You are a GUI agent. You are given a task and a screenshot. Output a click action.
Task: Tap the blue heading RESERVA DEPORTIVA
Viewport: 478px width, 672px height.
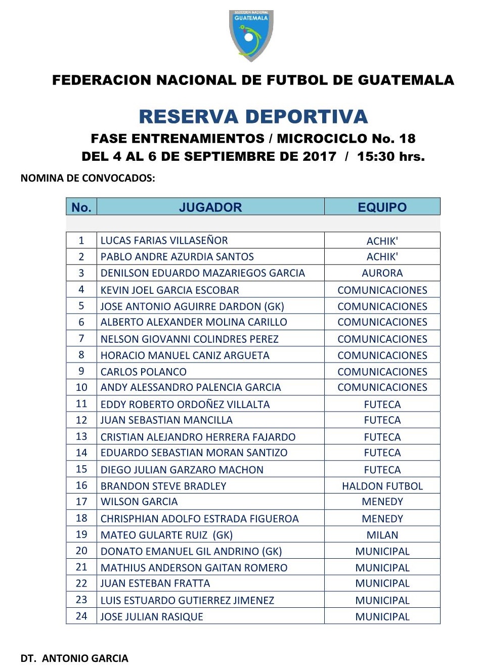tap(253, 117)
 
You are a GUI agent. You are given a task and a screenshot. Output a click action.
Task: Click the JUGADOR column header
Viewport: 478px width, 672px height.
tap(210, 207)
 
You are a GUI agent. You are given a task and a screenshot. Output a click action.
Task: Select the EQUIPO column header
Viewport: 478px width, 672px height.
tap(382, 207)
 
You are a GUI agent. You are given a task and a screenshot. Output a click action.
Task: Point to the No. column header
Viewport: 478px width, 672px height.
tap(81, 207)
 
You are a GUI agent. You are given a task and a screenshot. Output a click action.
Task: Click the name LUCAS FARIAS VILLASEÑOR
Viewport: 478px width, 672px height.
tap(164, 241)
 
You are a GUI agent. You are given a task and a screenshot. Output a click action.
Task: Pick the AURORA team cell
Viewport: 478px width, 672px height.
tap(382, 273)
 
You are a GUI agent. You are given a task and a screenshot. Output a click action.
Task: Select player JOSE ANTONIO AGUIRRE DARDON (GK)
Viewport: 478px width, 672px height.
tap(192, 306)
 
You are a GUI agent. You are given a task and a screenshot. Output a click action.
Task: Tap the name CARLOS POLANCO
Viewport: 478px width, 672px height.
tap(143, 372)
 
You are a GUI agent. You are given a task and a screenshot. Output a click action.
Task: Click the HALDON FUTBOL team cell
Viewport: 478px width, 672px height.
tap(382, 486)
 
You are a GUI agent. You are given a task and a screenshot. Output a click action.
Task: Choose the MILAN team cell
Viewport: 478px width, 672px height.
tap(382, 535)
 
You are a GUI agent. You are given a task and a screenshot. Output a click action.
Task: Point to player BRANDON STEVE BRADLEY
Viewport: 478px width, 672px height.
tap(163, 486)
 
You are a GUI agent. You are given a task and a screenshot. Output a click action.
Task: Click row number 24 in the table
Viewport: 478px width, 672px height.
tap(81, 616)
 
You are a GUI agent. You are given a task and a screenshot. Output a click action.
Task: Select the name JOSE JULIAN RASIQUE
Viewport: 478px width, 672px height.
tap(152, 617)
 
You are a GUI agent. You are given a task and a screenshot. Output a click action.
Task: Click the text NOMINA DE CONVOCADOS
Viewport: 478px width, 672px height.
tap(88, 178)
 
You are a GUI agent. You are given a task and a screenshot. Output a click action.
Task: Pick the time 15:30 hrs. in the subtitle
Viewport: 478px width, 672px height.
tap(390, 156)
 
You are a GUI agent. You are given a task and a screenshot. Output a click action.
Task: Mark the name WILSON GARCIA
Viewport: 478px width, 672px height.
tap(139, 502)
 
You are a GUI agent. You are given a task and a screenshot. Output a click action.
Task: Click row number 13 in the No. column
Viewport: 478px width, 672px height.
tap(81, 437)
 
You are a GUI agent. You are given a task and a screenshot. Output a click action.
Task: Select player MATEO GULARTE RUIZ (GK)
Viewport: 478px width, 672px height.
tap(166, 535)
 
